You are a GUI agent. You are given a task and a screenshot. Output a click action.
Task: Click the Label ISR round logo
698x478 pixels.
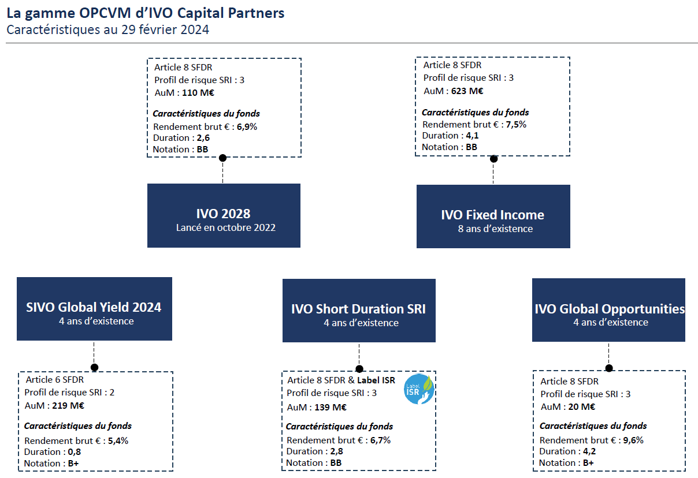click(419, 389)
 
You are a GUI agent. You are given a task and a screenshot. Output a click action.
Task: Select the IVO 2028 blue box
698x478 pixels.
click(224, 215)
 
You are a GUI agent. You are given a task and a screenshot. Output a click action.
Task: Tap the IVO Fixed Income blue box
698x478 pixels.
click(493, 216)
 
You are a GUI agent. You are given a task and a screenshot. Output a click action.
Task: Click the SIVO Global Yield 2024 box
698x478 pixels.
click(94, 309)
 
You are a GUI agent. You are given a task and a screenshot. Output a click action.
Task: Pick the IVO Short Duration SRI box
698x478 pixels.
click(359, 311)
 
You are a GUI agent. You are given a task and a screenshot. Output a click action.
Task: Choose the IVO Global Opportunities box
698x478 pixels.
click(608, 310)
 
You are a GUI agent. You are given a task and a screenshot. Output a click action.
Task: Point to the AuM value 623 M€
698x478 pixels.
click(467, 91)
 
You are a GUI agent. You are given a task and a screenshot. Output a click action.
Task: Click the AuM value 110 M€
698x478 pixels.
click(198, 93)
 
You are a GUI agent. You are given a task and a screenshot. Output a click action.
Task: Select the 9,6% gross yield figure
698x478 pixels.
click(633, 440)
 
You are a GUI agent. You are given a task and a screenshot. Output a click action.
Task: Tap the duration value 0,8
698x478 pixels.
click(74, 452)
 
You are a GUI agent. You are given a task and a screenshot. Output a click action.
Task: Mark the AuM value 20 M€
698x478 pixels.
click(581, 406)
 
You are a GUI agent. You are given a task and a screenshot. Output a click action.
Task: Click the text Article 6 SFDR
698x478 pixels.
click(54, 380)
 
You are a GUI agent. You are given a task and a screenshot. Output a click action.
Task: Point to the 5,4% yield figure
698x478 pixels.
click(118, 440)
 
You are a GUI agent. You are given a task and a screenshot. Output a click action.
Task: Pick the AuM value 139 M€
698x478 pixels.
click(331, 408)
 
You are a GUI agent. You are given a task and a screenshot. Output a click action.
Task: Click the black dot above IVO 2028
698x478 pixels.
click(222, 158)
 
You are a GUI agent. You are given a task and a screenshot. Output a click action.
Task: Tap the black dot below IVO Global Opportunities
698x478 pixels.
click(609, 368)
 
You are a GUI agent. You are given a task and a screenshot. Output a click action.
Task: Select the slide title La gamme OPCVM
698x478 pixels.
click(146, 13)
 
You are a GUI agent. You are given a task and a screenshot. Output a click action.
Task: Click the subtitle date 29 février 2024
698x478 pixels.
click(165, 30)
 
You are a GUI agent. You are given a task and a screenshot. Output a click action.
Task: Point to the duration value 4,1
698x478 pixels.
click(472, 136)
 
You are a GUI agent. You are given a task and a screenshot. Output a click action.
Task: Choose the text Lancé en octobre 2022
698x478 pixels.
click(225, 227)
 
